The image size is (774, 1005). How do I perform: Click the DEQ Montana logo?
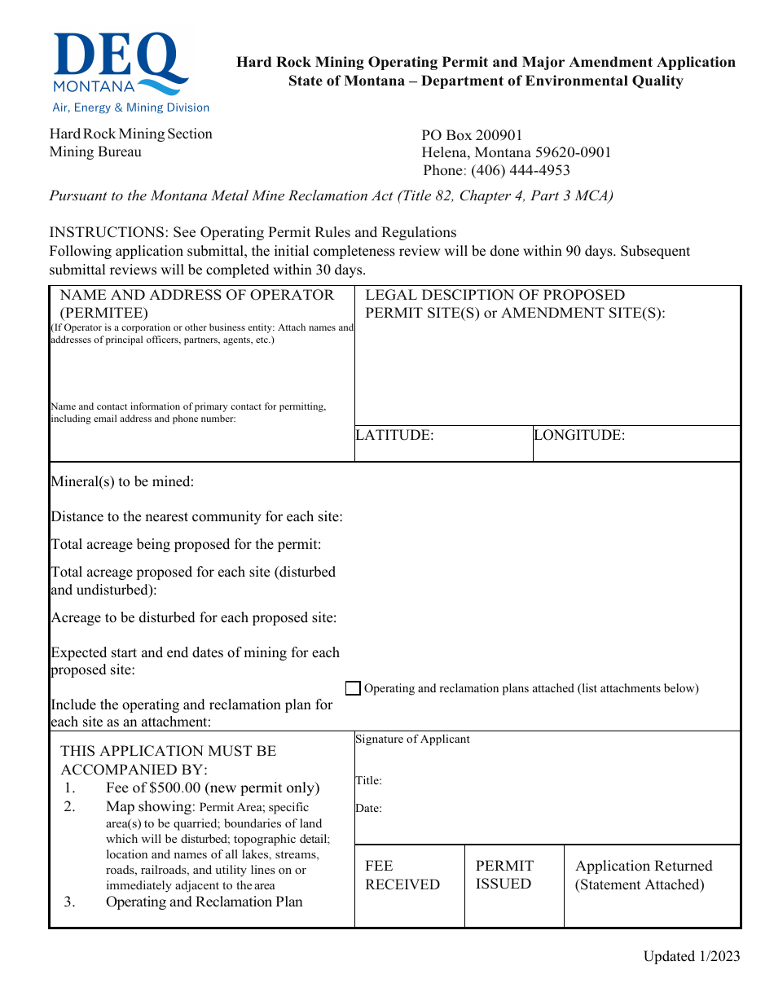click(121, 64)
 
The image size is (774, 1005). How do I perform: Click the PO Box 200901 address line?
click(472, 135)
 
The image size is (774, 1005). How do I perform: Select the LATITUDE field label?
click(395, 435)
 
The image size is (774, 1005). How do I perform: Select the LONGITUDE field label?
click(579, 435)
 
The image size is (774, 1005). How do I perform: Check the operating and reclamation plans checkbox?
click(353, 688)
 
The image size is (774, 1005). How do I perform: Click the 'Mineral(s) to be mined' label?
click(122, 481)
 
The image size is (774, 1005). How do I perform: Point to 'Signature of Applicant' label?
click(412, 739)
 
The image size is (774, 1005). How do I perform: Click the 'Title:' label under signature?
click(368, 780)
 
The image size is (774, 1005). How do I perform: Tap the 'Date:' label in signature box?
click(368, 809)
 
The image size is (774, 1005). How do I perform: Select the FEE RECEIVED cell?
click(402, 875)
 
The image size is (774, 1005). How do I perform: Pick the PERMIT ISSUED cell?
click(504, 875)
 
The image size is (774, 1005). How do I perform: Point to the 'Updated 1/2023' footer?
click(691, 956)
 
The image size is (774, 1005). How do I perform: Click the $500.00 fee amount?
click(175, 788)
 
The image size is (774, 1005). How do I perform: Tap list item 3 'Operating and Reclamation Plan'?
click(204, 902)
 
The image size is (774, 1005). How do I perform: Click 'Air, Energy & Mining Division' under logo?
click(130, 108)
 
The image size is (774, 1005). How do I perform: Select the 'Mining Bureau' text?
click(95, 151)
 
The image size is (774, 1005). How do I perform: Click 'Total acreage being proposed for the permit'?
click(186, 544)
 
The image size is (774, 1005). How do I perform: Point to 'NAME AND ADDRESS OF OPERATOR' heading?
click(197, 295)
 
